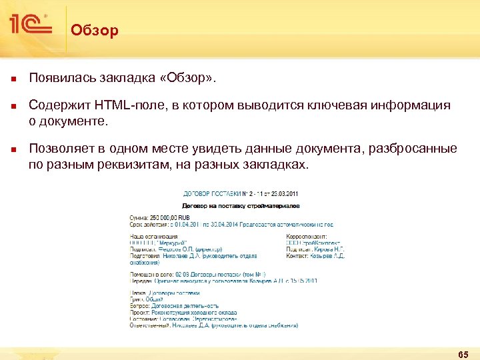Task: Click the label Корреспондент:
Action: [x=306, y=236]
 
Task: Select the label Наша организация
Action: [x=153, y=236]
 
